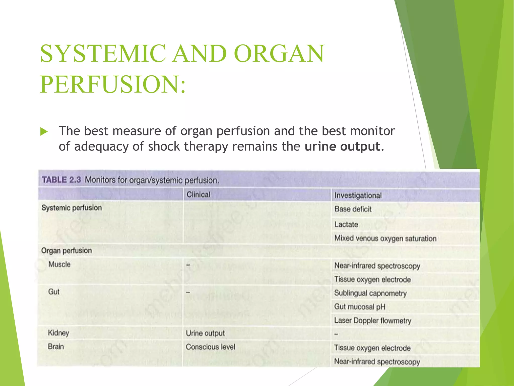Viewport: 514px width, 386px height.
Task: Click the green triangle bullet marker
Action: (44, 131)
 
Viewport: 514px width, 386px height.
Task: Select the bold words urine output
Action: (344, 147)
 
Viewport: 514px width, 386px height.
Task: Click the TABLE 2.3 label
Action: (61, 180)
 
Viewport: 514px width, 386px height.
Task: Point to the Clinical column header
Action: (198, 195)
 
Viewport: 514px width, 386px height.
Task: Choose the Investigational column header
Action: (358, 196)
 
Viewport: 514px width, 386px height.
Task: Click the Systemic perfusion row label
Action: (72, 208)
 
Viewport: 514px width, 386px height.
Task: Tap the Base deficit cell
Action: (353, 209)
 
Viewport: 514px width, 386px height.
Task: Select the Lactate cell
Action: (346, 224)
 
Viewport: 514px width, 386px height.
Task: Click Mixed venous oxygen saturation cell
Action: (385, 238)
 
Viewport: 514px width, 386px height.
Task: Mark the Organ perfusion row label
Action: (67, 251)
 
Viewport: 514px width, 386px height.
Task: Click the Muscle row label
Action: (59, 264)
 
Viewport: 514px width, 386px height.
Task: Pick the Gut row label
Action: (54, 292)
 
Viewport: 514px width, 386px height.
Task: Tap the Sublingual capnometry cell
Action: (370, 293)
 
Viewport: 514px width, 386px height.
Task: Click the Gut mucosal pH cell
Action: (359, 307)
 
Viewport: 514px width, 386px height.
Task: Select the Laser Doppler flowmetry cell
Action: (372, 321)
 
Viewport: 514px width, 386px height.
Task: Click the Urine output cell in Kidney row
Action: (205, 333)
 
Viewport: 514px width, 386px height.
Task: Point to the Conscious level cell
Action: (210, 347)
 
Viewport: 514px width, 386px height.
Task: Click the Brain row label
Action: (56, 347)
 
